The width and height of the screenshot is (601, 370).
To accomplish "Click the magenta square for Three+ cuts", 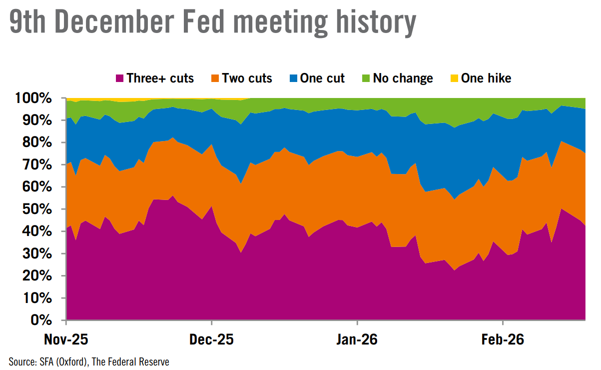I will tap(119, 78).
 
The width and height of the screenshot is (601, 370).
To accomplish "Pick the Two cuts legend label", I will tap(247, 78).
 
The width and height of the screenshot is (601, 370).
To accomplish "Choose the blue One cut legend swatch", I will tap(293, 78).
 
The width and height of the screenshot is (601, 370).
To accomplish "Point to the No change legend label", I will tap(403, 78).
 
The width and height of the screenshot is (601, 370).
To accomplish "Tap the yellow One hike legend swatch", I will tap(454, 78).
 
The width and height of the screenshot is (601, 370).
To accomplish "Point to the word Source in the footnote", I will tap(21, 361).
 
